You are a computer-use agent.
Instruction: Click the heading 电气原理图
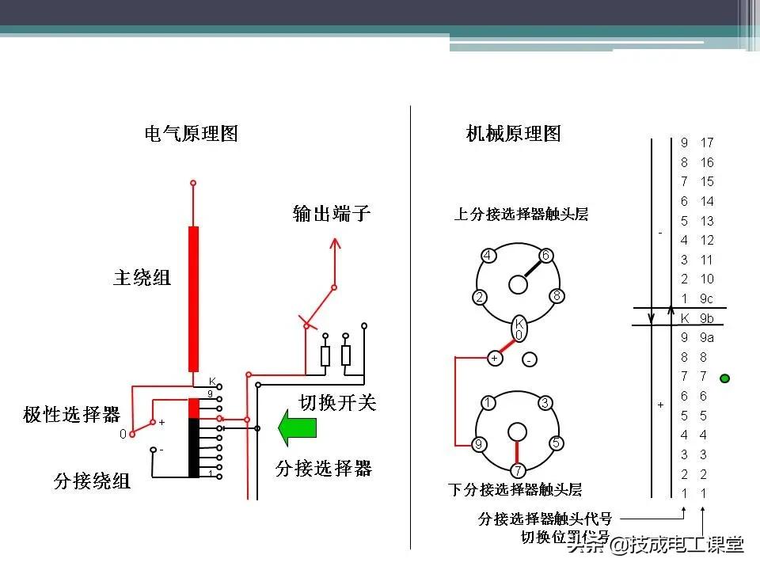tap(191, 133)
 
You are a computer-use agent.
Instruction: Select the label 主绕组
tap(142, 278)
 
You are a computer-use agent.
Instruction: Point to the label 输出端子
tap(332, 213)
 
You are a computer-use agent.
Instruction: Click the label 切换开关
tap(337, 402)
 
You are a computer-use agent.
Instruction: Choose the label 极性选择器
tap(71, 414)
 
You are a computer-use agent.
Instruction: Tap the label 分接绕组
tap(93, 480)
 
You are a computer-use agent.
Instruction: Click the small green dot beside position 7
tap(724, 378)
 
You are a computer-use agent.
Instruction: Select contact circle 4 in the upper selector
tap(488, 256)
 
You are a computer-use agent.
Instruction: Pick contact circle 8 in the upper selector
tap(557, 297)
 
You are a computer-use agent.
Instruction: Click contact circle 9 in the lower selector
tap(478, 444)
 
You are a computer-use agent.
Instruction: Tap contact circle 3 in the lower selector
tap(545, 403)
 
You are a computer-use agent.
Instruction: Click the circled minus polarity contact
tap(529, 360)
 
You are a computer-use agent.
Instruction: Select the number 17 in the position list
tap(706, 142)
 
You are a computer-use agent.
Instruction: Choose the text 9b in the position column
tap(706, 318)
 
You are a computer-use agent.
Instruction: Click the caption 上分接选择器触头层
tap(521, 214)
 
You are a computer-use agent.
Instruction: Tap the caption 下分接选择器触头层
tap(515, 489)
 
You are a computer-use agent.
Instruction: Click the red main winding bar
tap(193, 298)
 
